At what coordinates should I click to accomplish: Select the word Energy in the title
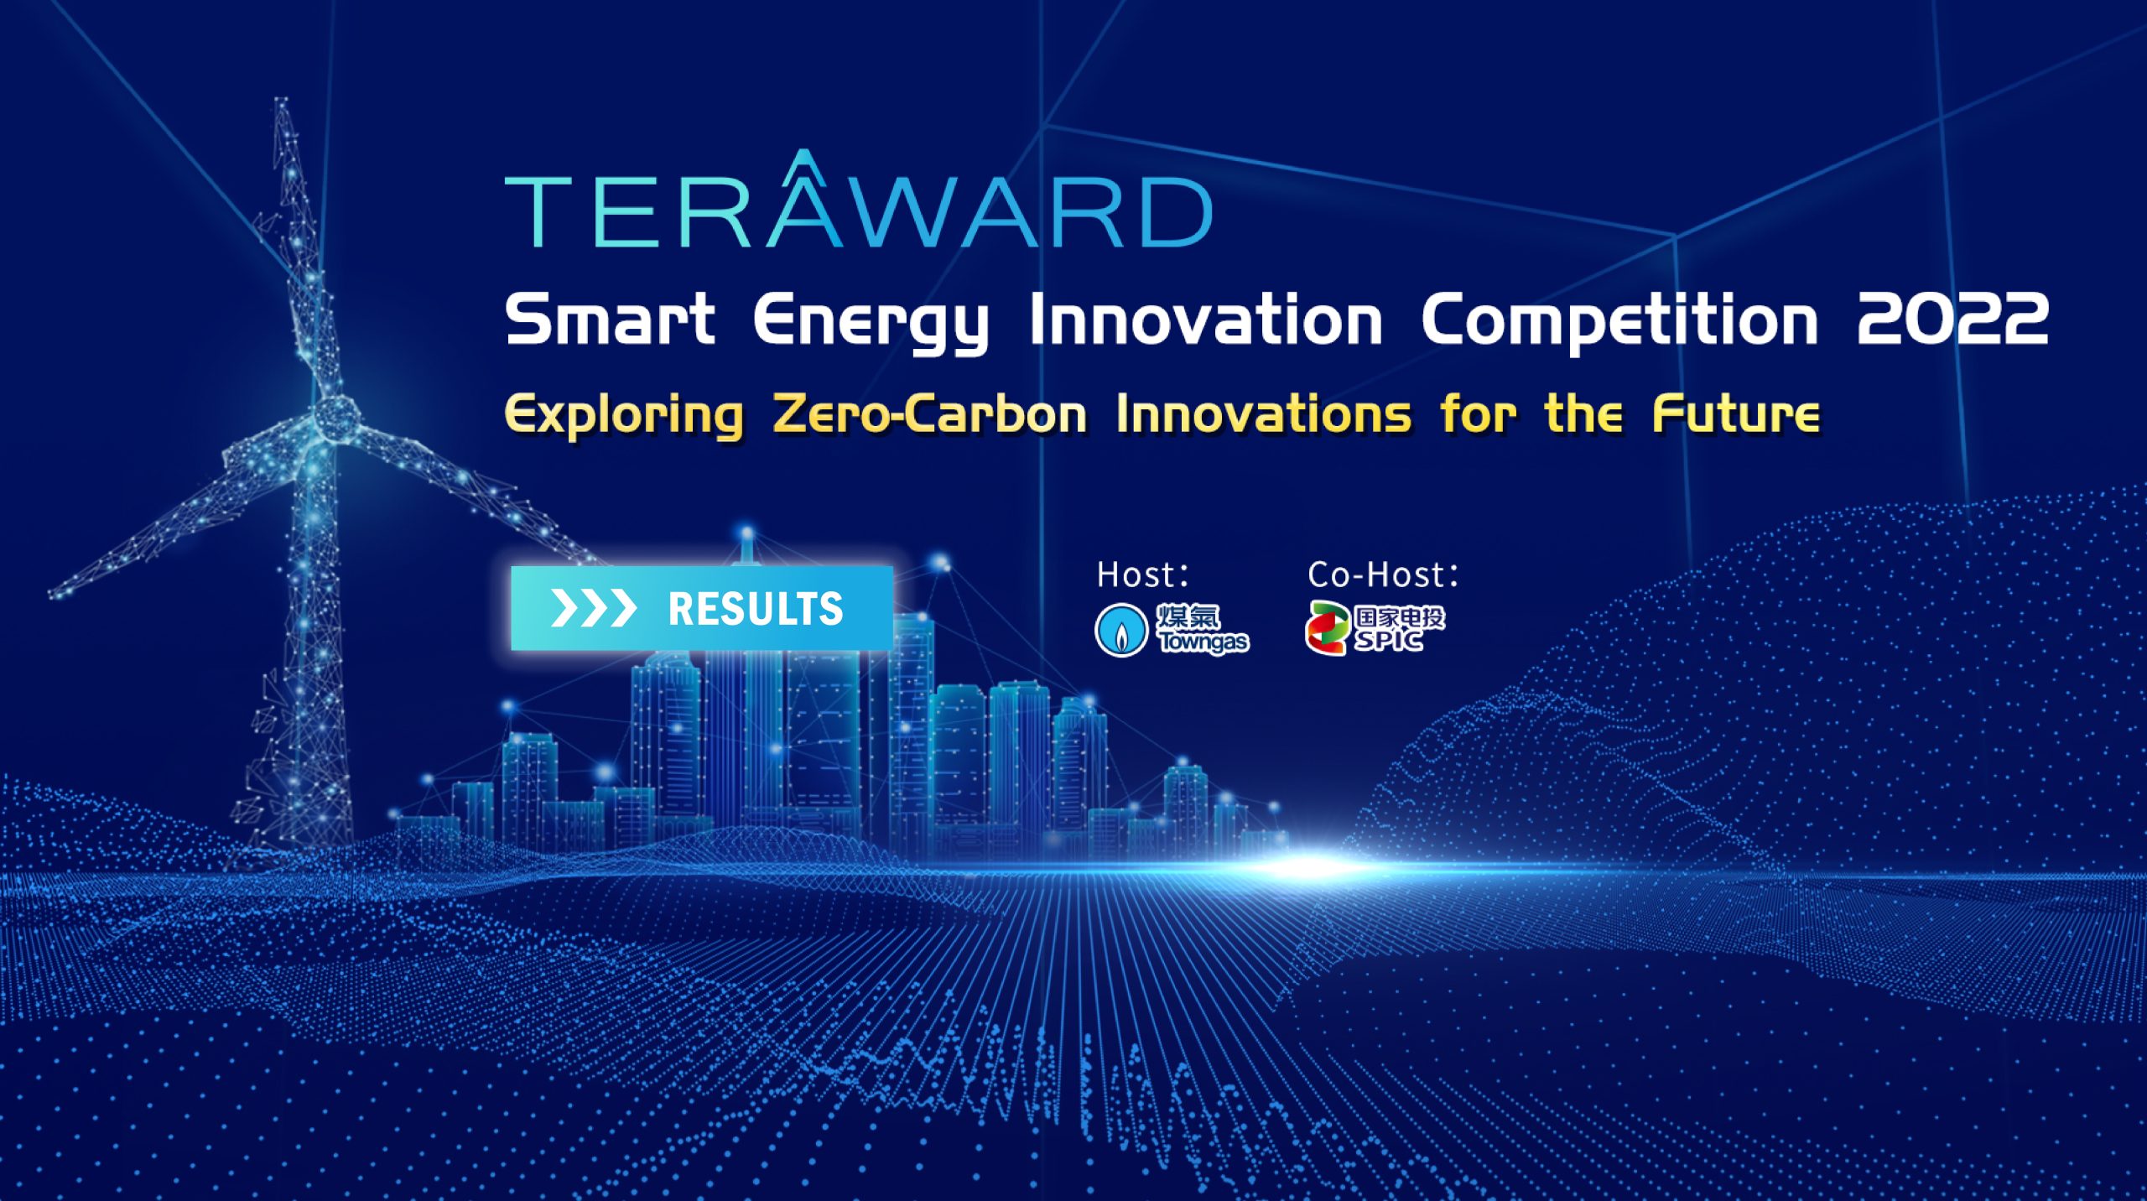(x=871, y=323)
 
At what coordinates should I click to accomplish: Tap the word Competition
(x=1619, y=323)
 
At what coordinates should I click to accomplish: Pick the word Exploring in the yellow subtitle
(x=624, y=415)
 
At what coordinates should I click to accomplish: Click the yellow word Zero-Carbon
(x=930, y=413)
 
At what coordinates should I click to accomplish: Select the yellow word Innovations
(x=1263, y=413)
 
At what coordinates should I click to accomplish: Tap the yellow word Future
(x=1736, y=413)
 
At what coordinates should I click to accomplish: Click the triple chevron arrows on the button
(x=593, y=608)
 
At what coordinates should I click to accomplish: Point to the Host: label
(x=1143, y=575)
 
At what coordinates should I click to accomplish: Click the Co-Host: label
(x=1383, y=575)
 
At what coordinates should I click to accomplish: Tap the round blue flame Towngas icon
(x=1120, y=630)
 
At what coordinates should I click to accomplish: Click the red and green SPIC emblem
(x=1328, y=628)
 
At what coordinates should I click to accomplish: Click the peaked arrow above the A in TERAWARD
(x=804, y=165)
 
